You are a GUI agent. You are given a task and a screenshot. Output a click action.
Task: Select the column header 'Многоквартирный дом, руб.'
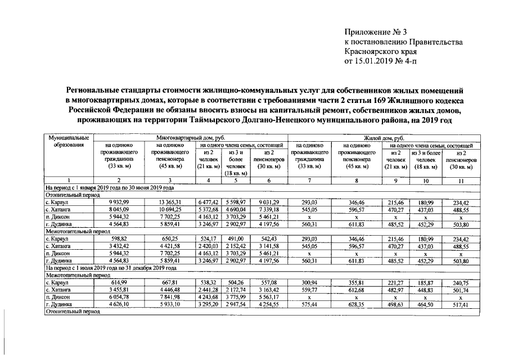189,137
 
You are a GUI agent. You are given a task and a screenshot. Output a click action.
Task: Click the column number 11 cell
461,180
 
